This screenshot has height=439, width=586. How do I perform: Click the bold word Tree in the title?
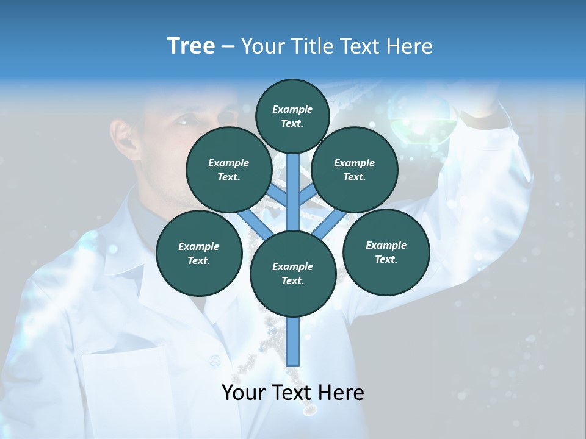(x=191, y=46)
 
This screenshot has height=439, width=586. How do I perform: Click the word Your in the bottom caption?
(x=244, y=393)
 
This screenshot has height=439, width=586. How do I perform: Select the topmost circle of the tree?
(x=292, y=116)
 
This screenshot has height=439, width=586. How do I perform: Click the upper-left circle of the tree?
(x=228, y=170)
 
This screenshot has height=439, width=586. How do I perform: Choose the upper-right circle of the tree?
(x=354, y=170)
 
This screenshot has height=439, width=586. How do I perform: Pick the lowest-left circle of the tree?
(x=199, y=254)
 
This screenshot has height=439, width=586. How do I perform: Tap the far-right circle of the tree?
(x=386, y=252)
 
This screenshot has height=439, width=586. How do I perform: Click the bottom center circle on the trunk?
(x=292, y=274)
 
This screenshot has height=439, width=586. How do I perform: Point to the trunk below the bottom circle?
(x=293, y=341)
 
